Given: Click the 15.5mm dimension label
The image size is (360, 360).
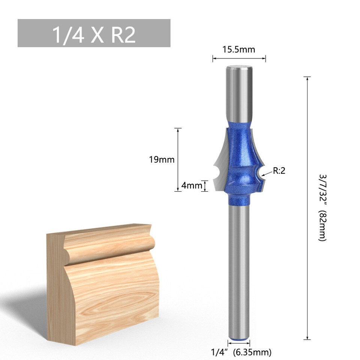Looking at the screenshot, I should pos(239,49).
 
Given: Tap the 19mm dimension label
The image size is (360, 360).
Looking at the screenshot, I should pos(162,159).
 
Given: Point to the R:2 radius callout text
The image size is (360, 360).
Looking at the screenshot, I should pos(279,171).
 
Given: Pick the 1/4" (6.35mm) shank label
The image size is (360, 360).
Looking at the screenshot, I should pos(241,352).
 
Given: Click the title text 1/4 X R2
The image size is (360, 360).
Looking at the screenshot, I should pos(94,34).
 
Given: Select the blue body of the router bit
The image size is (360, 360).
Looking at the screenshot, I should pos(239,157).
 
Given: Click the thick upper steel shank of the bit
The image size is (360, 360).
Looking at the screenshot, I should pos(239,94).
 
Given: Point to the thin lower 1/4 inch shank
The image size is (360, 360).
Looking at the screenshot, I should pos(239,270).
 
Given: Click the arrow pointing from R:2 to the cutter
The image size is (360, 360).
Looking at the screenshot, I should pos(267,174).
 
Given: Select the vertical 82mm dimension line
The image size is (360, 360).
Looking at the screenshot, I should pos(307,208).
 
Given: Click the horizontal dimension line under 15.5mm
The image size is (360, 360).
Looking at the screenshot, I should pos(239,58).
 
